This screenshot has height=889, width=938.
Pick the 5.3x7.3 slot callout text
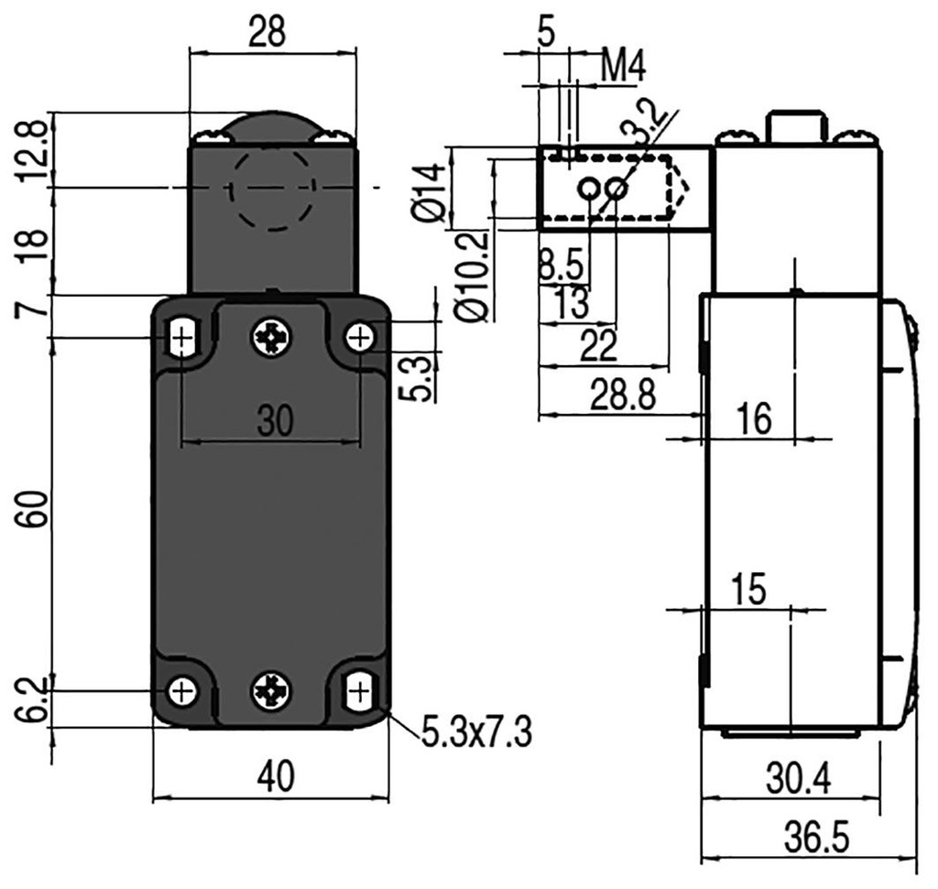pyautogui.click(x=476, y=732)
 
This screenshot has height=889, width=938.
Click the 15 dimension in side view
pyautogui.click(x=748, y=591)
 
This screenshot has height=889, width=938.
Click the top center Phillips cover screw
pyautogui.click(x=271, y=339)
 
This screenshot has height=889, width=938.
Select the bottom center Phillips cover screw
pyautogui.click(x=271, y=688)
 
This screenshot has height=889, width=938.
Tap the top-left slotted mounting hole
pyautogui.click(x=183, y=339)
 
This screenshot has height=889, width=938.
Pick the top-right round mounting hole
pyautogui.click(x=360, y=338)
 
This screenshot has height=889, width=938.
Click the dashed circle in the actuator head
pyautogui.click(x=271, y=188)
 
